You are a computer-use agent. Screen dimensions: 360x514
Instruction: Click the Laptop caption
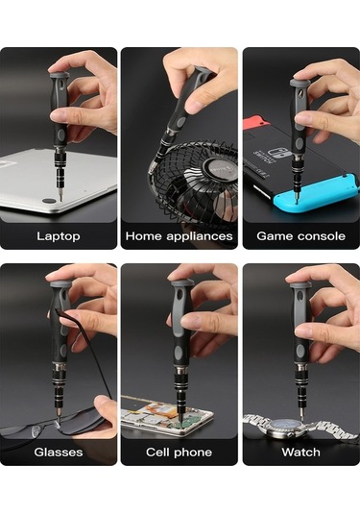click(59, 236)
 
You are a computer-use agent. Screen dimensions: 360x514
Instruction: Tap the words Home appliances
click(179, 236)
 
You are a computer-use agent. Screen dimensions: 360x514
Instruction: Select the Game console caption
click(301, 236)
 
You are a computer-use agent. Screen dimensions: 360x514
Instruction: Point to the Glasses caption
click(59, 453)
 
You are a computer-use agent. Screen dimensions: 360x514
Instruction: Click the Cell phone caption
click(179, 453)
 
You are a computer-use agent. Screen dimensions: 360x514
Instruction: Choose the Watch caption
click(301, 453)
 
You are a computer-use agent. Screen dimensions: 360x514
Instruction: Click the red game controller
click(256, 121)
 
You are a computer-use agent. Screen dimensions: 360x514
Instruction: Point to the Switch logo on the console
click(273, 154)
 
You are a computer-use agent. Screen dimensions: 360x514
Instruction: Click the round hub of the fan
click(219, 169)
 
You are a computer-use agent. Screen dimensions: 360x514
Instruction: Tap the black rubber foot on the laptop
click(49, 201)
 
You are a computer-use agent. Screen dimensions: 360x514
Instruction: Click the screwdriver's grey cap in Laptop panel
click(60, 75)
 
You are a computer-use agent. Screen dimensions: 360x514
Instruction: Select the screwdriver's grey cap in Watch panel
click(300, 286)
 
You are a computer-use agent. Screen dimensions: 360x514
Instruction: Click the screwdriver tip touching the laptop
click(60, 198)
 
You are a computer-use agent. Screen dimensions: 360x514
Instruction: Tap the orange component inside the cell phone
click(155, 409)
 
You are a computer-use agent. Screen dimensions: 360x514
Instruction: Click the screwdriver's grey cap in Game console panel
click(300, 83)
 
